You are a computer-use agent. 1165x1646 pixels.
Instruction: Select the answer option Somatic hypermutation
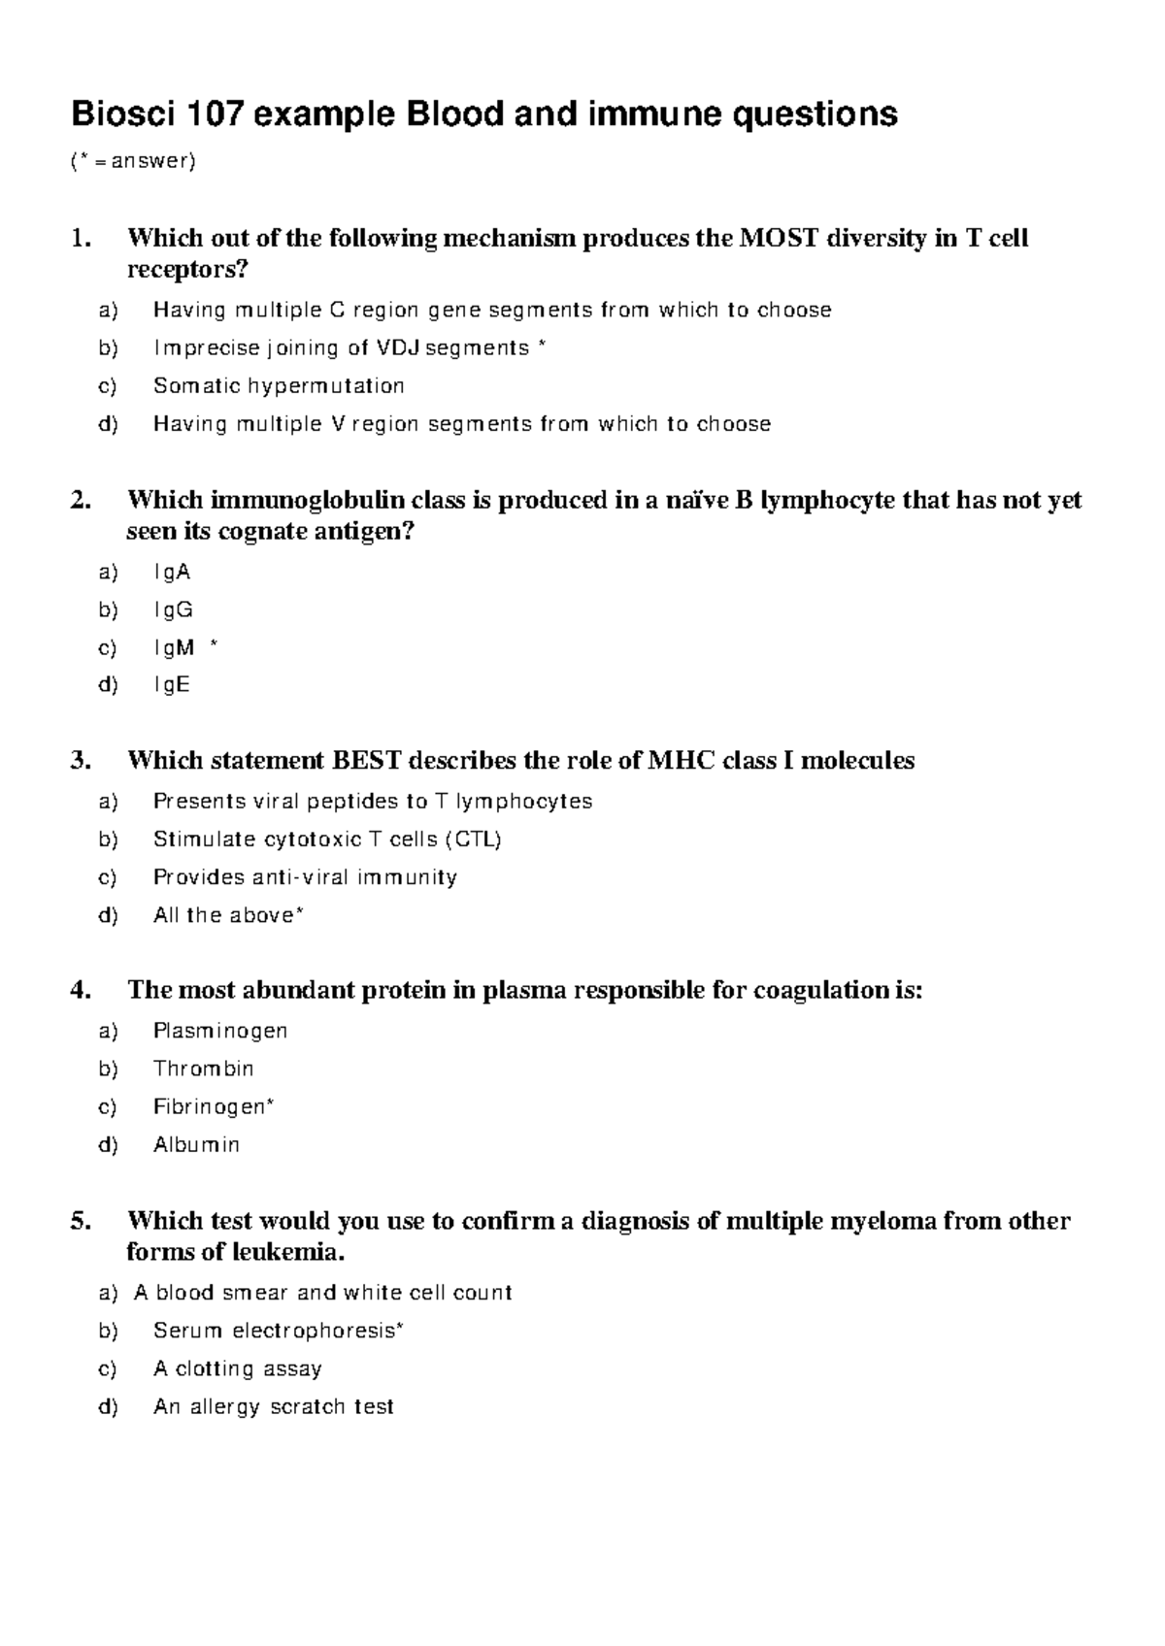(279, 386)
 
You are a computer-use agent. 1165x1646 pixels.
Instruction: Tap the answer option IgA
(172, 573)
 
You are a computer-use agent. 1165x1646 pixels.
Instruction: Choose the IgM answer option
(175, 647)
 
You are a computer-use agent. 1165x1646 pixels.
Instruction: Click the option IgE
(172, 685)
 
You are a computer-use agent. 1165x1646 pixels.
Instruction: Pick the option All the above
(225, 915)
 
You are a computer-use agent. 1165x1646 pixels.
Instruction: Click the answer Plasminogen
(220, 1031)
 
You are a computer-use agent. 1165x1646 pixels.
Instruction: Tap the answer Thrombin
(203, 1069)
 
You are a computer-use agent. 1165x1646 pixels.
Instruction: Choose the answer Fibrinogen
(211, 1106)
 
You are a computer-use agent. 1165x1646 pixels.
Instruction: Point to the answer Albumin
(196, 1145)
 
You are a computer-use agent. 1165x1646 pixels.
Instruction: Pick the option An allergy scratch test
(273, 1407)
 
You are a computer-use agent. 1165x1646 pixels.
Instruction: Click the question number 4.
(81, 990)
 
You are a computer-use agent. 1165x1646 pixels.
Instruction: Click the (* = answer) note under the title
(133, 162)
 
